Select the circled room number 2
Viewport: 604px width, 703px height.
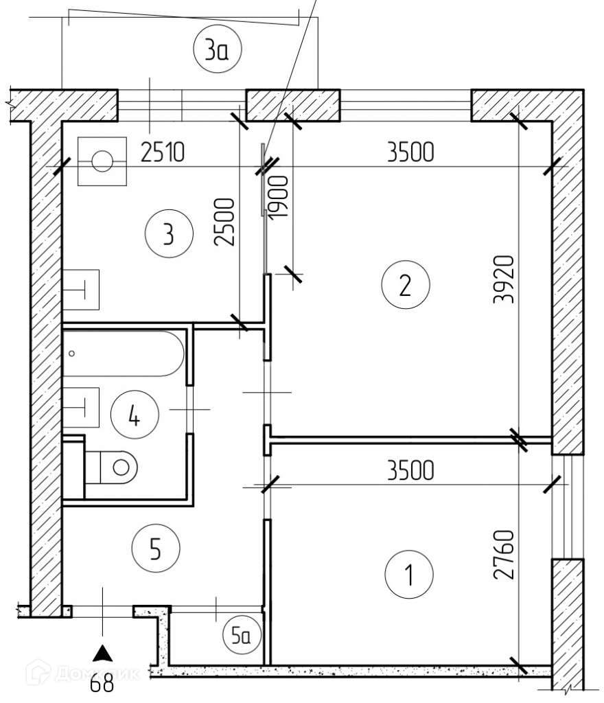tap(405, 284)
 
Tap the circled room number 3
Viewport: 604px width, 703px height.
tap(168, 235)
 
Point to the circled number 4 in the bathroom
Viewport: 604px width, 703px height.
tap(135, 415)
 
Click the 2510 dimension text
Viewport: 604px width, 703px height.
tap(163, 152)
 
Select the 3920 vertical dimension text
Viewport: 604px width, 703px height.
tap(507, 279)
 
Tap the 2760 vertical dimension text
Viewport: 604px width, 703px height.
tap(507, 555)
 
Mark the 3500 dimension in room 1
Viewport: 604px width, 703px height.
tap(410, 472)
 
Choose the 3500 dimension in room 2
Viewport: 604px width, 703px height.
tap(410, 152)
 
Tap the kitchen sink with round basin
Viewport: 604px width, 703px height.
tap(102, 162)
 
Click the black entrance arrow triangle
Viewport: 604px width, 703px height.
tap(102, 652)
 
